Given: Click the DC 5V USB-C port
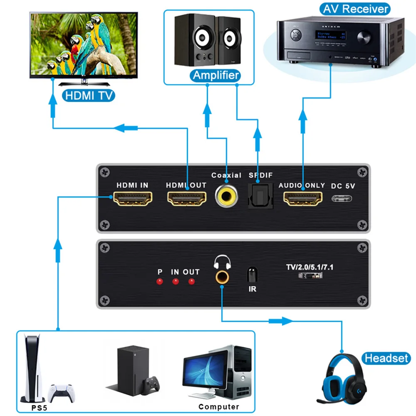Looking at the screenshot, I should [344, 197].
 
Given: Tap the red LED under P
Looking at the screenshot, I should [159, 282].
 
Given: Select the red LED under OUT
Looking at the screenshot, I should [191, 282].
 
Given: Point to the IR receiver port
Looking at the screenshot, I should [252, 275].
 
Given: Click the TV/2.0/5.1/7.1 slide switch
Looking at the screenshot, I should [310, 276].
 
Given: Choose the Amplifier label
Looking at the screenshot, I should [216, 75].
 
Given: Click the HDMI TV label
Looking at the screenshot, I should [88, 95].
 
